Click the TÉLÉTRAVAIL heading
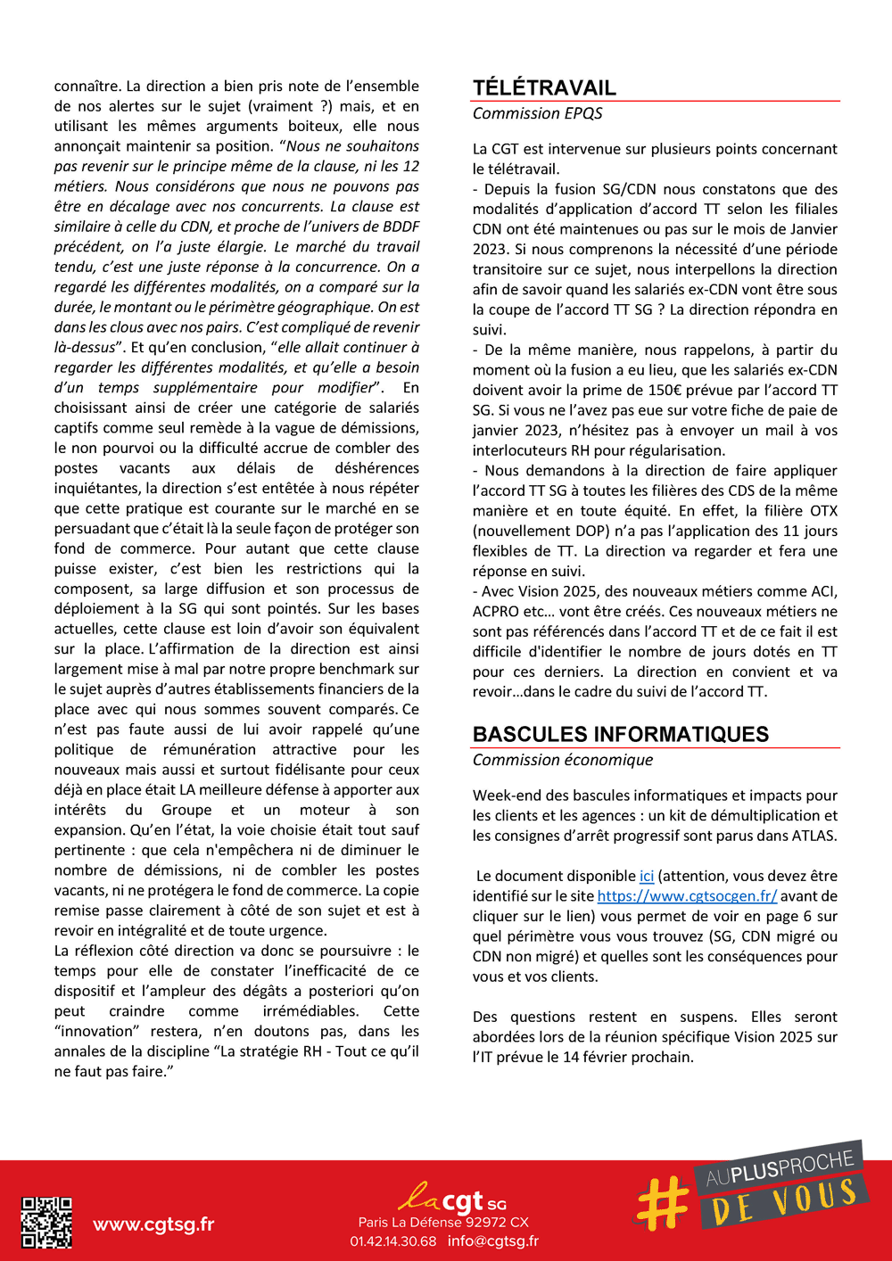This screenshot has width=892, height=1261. coord(544,87)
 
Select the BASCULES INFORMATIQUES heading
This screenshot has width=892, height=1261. coord(620,734)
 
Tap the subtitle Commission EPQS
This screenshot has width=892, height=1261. coord(537,113)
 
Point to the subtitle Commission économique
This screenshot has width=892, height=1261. coord(562,760)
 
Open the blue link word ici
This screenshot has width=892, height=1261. coord(647,877)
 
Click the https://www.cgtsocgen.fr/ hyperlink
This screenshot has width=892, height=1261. coord(687,896)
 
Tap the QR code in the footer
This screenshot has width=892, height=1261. coord(46,1222)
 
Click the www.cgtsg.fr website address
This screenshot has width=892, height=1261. coord(153,1224)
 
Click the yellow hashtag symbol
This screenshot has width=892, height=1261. coord(662,1202)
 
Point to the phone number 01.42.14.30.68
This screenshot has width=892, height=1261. coord(393,1241)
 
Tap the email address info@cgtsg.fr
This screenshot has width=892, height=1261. coord(493,1241)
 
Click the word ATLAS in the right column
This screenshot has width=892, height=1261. coord(810,836)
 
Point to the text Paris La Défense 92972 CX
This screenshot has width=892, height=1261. coord(443,1223)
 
